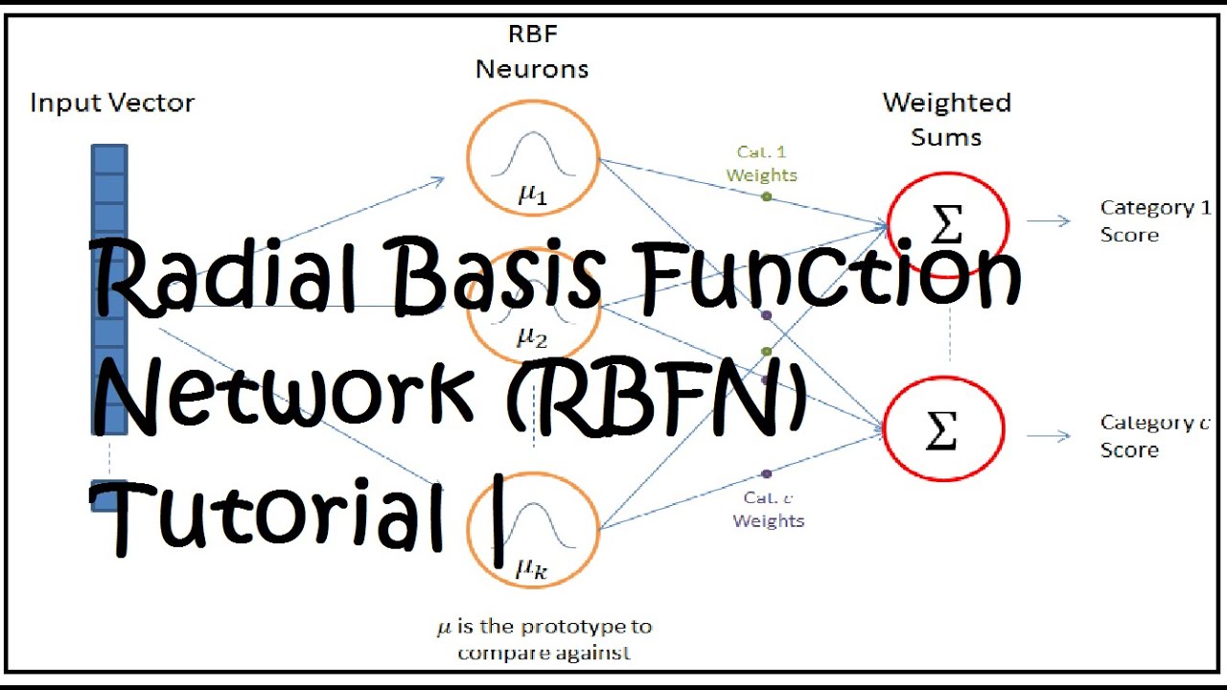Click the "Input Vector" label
coord(112,103)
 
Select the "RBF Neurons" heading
coord(532,52)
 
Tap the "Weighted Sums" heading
coord(947,119)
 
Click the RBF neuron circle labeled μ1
coord(532,158)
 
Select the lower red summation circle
coord(943,431)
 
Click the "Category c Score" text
coord(1154,436)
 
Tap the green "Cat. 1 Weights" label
coord(761,164)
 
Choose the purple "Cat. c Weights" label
coord(768,509)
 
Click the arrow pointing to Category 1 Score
coord(1049,221)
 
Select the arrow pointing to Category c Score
coord(1049,436)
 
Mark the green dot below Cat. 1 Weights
coord(766,196)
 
